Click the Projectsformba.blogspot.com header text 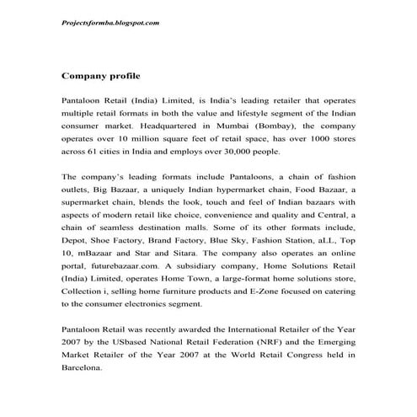111,23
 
